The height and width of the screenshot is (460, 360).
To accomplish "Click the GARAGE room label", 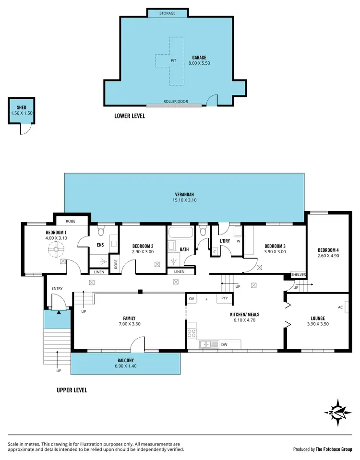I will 199,57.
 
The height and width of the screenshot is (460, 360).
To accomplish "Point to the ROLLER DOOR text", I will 176,102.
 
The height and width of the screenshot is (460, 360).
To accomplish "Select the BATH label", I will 184,249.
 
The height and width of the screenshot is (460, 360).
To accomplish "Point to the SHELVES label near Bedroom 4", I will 298,275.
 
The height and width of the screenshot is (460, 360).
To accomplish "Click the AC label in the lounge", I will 340,307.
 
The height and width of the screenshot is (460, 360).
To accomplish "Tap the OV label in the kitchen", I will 192,299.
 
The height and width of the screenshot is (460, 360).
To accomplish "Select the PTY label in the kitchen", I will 224,299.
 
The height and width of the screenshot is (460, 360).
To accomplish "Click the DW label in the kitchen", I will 224,344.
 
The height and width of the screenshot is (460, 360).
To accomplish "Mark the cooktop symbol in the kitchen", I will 192,332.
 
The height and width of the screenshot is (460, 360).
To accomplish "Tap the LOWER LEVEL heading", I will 130,116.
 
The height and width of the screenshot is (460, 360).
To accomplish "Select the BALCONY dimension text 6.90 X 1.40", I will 125,366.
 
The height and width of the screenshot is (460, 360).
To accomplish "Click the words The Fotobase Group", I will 334,449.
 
